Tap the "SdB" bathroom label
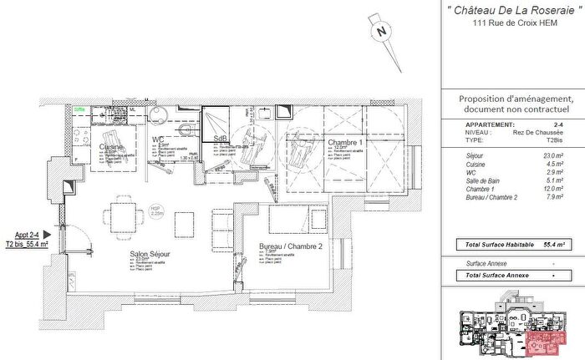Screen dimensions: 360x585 click(x=221, y=139)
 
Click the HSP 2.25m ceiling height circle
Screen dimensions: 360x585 click(x=155, y=210)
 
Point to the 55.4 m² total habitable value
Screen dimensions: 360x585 click(x=552, y=245)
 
